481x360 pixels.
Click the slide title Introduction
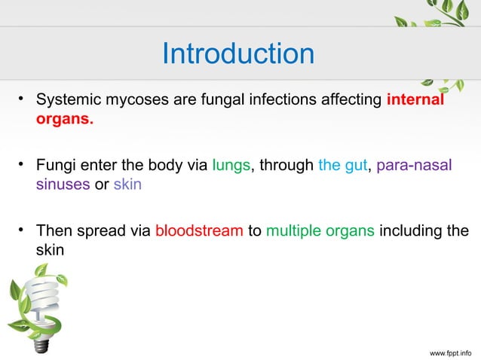coord(238,53)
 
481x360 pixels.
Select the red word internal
coord(415,101)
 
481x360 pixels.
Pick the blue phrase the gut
coord(342,165)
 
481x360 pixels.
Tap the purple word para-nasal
coord(414,165)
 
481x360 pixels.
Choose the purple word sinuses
coord(63,185)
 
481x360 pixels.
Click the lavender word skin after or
coord(127,185)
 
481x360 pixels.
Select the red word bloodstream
coord(199,230)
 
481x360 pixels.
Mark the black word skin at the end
coord(51,250)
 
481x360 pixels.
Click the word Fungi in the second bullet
coord(57,165)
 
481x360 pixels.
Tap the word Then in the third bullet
coord(56,230)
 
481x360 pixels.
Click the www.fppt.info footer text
coord(451,351)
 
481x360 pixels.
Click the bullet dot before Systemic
coord(23,100)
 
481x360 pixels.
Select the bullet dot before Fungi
coord(23,164)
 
